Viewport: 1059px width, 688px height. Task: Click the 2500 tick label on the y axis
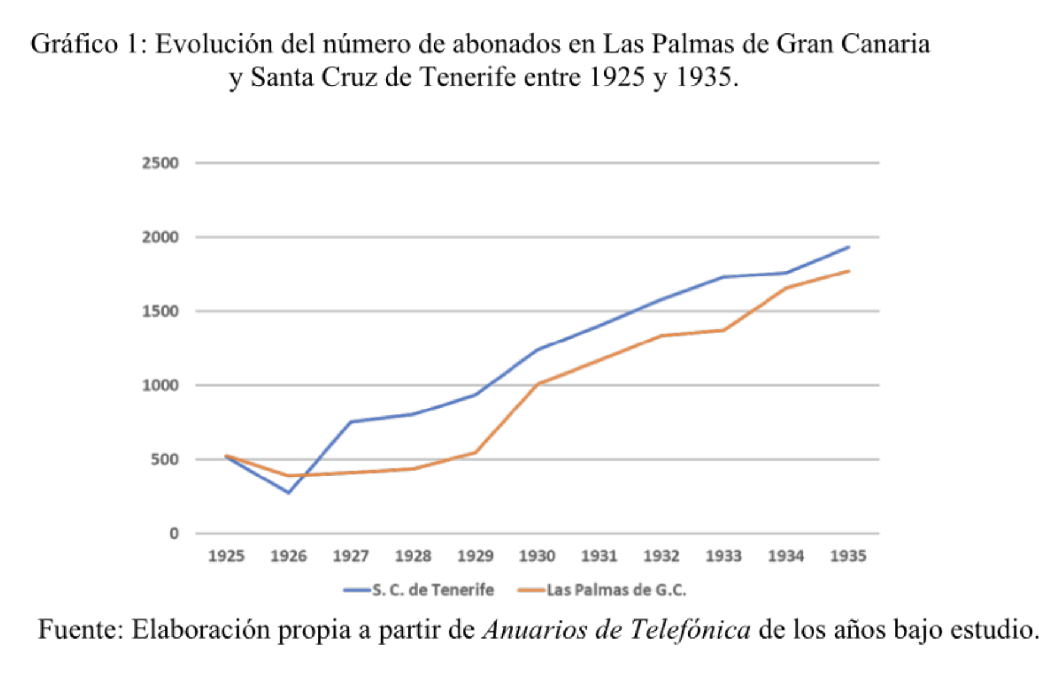(x=160, y=163)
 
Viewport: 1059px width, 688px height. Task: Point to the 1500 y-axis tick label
(x=160, y=311)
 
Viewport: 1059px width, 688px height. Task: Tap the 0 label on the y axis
(x=174, y=534)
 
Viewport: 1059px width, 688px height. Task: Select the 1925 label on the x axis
(x=226, y=556)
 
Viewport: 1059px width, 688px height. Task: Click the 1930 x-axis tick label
(x=537, y=556)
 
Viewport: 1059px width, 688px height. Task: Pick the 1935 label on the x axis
(x=848, y=556)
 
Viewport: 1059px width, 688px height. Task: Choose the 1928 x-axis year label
(x=413, y=556)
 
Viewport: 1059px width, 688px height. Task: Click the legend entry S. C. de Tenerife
(x=433, y=590)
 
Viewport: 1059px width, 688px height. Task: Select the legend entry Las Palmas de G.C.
(x=616, y=590)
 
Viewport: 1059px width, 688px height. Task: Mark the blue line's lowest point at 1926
(x=289, y=493)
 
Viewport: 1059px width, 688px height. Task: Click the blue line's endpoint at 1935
(x=848, y=247)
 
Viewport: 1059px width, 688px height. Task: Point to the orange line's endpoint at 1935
(x=848, y=271)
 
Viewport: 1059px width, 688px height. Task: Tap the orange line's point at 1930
(x=537, y=384)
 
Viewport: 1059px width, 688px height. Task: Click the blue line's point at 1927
(x=351, y=422)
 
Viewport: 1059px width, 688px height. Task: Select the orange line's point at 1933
(x=723, y=330)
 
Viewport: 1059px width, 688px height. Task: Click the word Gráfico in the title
(x=74, y=45)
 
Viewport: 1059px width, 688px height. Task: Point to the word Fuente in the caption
(x=81, y=630)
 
